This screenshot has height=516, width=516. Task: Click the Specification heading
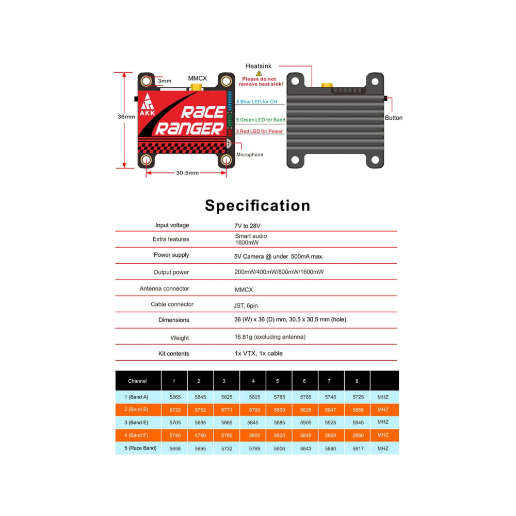point(257,206)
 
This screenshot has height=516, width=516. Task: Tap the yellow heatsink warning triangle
point(259,73)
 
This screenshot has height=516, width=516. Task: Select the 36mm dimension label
point(126,117)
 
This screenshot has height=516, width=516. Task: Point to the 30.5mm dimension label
point(187,173)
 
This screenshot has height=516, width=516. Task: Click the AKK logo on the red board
point(147,104)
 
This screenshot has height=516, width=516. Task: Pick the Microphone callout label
point(250,154)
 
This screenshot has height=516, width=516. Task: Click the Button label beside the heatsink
point(394,118)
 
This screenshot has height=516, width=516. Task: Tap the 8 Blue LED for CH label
point(256,102)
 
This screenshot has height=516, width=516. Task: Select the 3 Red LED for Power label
point(260,131)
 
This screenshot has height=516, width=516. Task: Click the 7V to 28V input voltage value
point(247,226)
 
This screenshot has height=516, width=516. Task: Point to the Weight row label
point(180,338)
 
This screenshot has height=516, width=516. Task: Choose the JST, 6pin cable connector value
point(246,305)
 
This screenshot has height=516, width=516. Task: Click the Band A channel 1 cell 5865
point(175,397)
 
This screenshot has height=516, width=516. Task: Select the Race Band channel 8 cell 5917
point(358,448)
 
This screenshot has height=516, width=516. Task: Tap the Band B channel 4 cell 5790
point(254,410)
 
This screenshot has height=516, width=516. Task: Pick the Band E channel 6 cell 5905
point(305,423)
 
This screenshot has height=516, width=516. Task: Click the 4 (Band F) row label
point(136,435)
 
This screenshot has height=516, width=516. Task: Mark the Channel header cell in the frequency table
point(137,381)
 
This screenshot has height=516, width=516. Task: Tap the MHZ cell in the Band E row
point(383,422)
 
